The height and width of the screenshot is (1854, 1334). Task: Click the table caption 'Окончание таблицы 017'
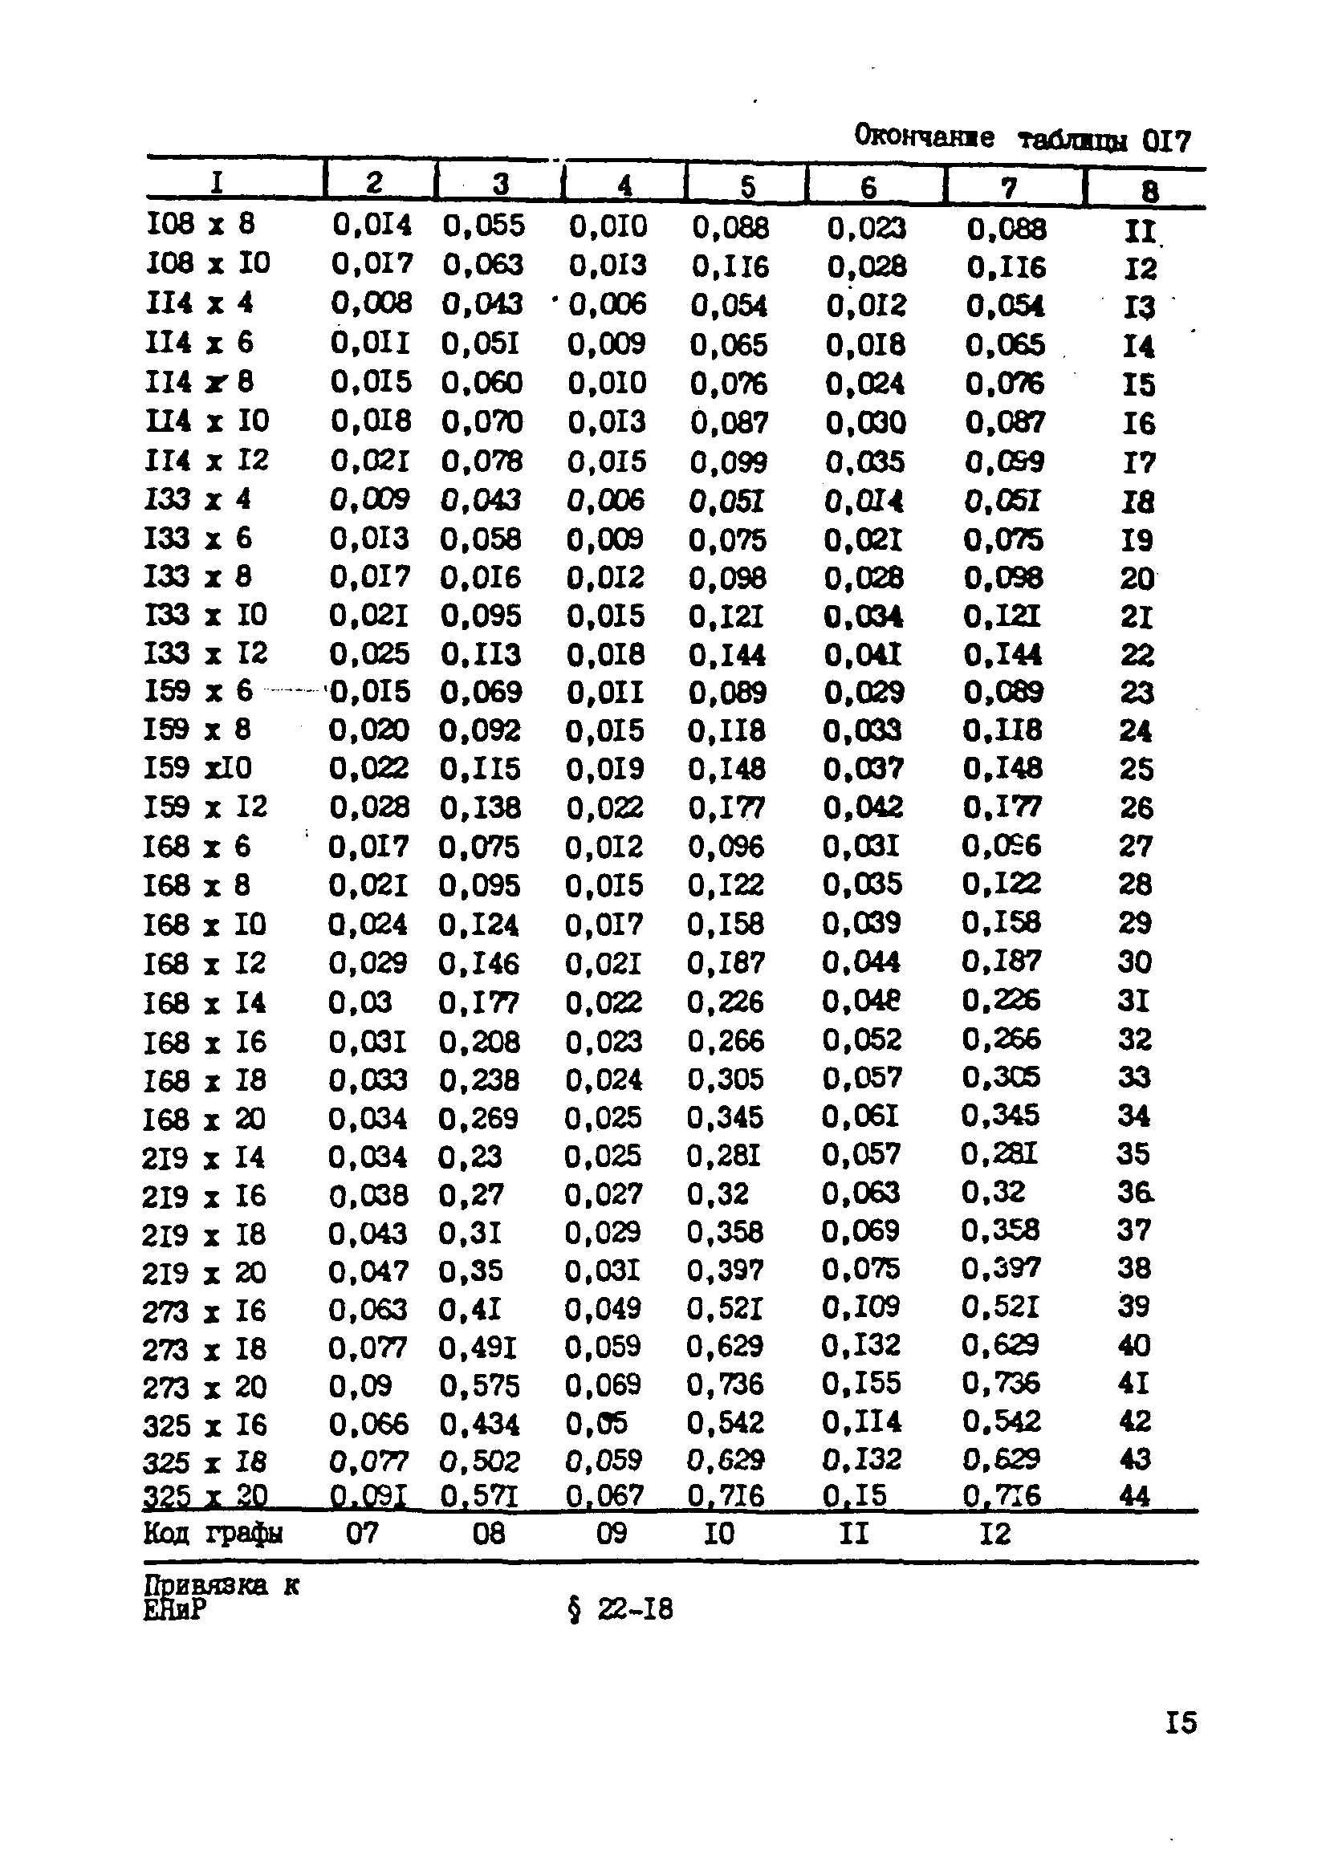(1022, 138)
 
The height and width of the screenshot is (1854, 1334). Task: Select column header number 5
(747, 186)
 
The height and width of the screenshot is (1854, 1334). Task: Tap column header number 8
(1149, 190)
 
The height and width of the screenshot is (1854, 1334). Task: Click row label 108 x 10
(208, 263)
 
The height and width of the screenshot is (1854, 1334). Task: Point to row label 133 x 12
(205, 654)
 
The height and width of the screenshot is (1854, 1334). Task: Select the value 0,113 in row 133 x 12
(480, 654)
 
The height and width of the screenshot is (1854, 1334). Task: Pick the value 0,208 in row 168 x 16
(479, 1042)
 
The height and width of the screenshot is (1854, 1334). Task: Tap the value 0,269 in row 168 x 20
(478, 1117)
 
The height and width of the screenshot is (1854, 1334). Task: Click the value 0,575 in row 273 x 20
(479, 1385)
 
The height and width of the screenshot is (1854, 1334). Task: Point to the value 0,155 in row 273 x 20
(861, 1383)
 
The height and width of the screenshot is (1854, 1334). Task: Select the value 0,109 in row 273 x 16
(861, 1307)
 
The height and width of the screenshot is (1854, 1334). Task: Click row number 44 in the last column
(1133, 1496)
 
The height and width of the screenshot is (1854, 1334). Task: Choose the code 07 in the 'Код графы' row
(362, 1534)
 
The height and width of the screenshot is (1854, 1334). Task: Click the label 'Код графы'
(213, 1534)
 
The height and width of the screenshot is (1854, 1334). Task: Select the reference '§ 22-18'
(620, 1608)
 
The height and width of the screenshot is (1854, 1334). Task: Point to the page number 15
(1181, 1723)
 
